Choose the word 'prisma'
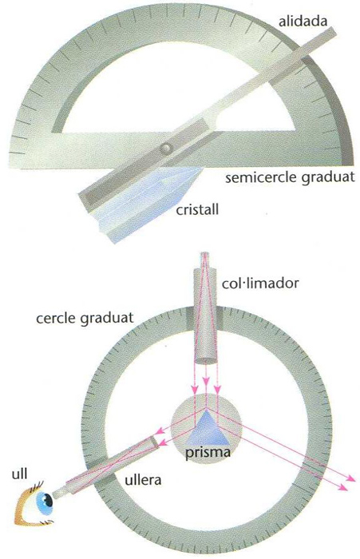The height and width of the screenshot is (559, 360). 207,452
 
